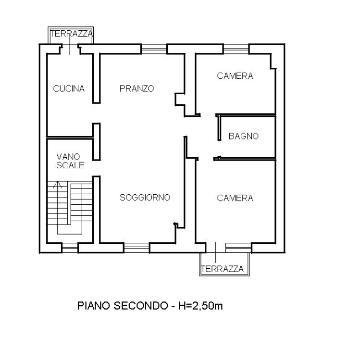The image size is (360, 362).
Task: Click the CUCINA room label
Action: point(69,88)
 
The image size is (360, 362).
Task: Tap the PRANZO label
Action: point(137,88)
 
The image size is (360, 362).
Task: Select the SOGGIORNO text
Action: point(145,198)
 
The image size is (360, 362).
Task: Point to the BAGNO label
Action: point(244,136)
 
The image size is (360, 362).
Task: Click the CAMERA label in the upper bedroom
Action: point(235,76)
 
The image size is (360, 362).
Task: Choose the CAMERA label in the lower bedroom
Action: point(235,198)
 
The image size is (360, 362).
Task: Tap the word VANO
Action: point(68,157)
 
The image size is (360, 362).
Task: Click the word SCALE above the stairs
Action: point(70,165)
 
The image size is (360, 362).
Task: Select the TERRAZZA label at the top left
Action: point(72,34)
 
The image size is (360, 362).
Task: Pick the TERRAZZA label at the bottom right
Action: point(222,269)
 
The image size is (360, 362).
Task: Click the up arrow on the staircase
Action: point(58,185)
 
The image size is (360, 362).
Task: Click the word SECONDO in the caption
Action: point(140,306)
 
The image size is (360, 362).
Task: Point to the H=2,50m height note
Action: point(200,306)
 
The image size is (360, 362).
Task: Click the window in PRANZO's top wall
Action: point(154,49)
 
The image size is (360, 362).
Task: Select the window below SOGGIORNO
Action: point(137,248)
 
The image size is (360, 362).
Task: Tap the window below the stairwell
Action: point(70,248)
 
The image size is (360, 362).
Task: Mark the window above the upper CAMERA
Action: point(236,49)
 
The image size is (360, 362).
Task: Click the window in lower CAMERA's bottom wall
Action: point(238,248)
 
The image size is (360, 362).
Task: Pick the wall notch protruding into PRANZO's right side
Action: point(180,100)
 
